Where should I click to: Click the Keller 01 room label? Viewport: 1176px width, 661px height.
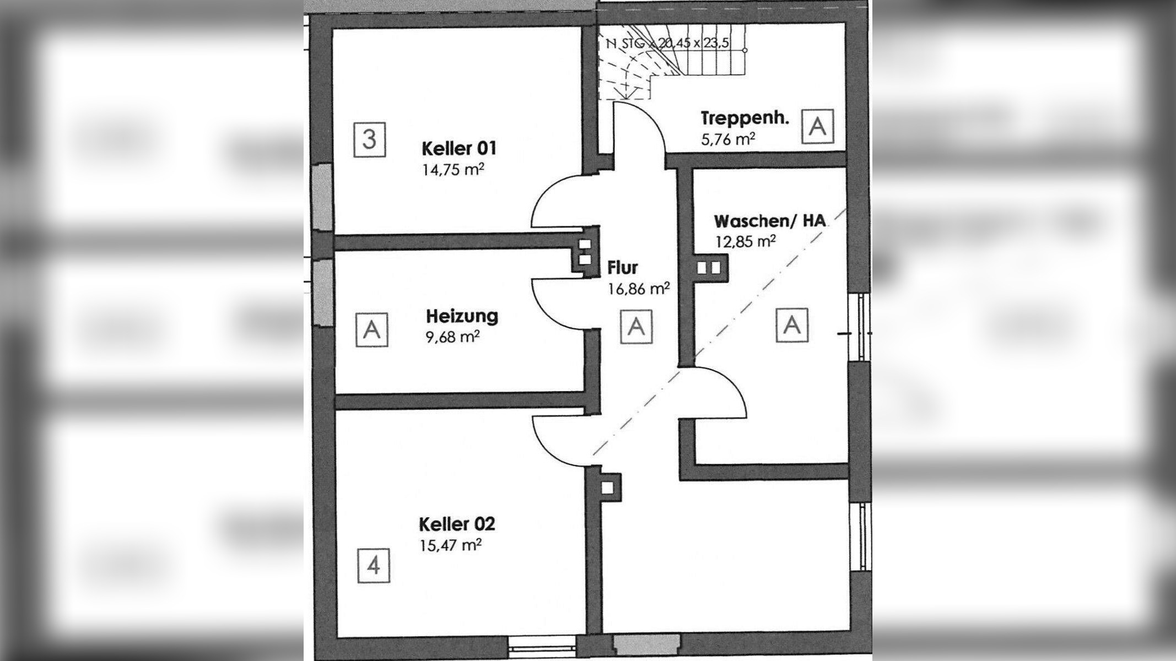click(458, 149)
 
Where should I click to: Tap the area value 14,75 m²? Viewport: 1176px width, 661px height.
click(453, 169)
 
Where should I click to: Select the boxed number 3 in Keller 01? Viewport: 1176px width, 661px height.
click(369, 139)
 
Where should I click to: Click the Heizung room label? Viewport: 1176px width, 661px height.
click(462, 316)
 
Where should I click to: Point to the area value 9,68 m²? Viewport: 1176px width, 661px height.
click(450, 336)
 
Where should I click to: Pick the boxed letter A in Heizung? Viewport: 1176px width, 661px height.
click(372, 330)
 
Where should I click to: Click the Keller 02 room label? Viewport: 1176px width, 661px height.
click(457, 523)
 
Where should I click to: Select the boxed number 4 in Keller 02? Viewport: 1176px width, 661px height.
click(373, 565)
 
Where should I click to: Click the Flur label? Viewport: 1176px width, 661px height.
click(622, 268)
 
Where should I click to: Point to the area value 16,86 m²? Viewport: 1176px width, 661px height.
click(639, 288)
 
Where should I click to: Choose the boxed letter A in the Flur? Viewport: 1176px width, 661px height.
click(636, 326)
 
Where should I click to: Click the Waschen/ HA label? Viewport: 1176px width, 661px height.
click(770, 221)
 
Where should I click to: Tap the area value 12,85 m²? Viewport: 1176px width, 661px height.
click(746, 241)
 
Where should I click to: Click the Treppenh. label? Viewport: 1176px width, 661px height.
click(745, 118)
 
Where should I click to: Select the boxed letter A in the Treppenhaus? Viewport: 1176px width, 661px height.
click(818, 127)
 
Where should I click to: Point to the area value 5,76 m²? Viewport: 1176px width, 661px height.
click(727, 139)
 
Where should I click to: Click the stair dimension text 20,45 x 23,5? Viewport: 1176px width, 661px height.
click(694, 44)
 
